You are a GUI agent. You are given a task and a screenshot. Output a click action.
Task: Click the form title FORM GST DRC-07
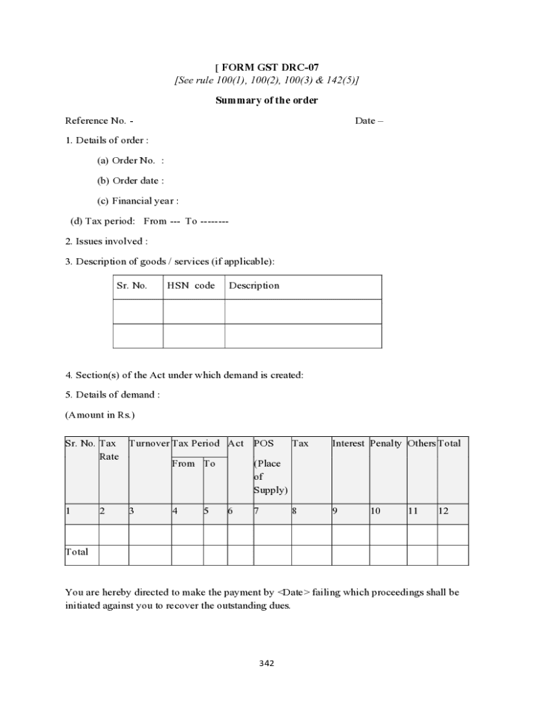click(269, 68)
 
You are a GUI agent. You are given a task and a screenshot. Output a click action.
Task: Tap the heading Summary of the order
click(266, 100)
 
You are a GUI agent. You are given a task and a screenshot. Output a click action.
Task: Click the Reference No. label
click(99, 120)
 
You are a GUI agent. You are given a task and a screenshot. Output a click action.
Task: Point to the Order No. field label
click(131, 161)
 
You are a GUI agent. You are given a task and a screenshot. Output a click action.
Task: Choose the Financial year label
click(138, 201)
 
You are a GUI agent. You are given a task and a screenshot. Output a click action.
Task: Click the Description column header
click(254, 285)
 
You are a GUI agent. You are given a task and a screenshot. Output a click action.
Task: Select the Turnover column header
click(150, 443)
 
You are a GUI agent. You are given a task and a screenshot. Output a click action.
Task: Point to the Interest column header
click(348, 443)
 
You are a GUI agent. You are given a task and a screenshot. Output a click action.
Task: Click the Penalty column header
click(386, 443)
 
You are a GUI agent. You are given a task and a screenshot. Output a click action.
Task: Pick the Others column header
click(421, 443)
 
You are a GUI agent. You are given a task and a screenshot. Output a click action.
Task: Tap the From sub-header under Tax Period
click(183, 463)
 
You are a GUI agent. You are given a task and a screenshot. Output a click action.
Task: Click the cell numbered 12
click(444, 511)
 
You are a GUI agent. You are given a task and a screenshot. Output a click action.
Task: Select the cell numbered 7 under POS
click(256, 511)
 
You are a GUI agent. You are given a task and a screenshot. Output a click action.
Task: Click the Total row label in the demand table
click(77, 552)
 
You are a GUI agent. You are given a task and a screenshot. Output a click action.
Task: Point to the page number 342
click(266, 663)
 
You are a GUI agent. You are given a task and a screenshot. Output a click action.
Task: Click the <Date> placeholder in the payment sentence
click(293, 593)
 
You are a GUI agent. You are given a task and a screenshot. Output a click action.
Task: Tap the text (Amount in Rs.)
click(100, 415)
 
